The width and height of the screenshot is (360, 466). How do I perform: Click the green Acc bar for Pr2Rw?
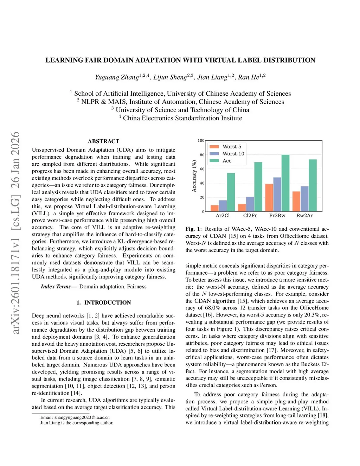285,183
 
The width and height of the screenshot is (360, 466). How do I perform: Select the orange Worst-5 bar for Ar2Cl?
214,208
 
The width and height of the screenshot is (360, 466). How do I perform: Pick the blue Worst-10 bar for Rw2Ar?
304,199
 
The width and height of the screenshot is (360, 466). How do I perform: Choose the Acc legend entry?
227,161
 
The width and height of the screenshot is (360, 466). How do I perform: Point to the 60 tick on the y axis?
202,169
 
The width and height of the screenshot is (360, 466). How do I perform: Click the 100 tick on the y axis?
201,141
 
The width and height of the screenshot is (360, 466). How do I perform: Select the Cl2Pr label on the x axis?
250,216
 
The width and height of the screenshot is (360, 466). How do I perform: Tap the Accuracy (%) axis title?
194,176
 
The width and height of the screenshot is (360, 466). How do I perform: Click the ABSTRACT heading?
103,141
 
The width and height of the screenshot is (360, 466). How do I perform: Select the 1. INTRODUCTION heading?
103,302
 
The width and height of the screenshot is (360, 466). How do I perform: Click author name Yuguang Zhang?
117,77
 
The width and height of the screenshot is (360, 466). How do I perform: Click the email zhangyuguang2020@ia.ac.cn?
82,417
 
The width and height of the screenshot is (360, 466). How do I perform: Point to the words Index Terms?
56,287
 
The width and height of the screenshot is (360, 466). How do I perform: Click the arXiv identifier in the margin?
15,232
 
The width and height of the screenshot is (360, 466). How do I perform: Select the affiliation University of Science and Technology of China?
182,110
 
